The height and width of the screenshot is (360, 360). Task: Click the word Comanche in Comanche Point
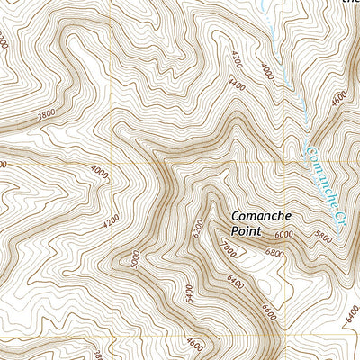pyautogui.click(x=262, y=216)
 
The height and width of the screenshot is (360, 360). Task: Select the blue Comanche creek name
pyautogui.click(x=321, y=172)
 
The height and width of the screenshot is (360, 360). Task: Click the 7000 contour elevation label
pyautogui.click(x=227, y=245)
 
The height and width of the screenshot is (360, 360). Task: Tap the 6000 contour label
pyautogui.click(x=285, y=234)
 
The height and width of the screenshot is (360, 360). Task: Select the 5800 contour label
pyautogui.click(x=322, y=238)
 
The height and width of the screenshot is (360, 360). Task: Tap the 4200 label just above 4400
pyautogui.click(x=236, y=64)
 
